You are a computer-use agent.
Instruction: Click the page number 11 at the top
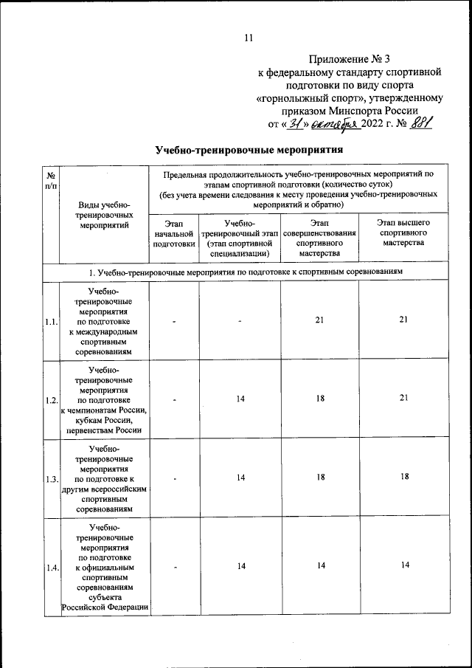point(249,38)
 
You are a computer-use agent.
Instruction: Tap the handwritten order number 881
point(421,123)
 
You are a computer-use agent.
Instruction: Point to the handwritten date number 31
point(295,123)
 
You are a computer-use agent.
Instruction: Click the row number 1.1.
point(52,322)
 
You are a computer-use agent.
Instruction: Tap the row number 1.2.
point(52,399)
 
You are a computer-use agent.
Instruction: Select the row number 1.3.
point(52,478)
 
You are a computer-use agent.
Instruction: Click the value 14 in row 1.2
point(240,399)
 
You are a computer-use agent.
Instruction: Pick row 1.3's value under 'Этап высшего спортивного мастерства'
point(403,478)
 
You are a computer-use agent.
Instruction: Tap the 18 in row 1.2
point(320,399)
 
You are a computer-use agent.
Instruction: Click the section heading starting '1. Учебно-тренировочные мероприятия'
point(245,272)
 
